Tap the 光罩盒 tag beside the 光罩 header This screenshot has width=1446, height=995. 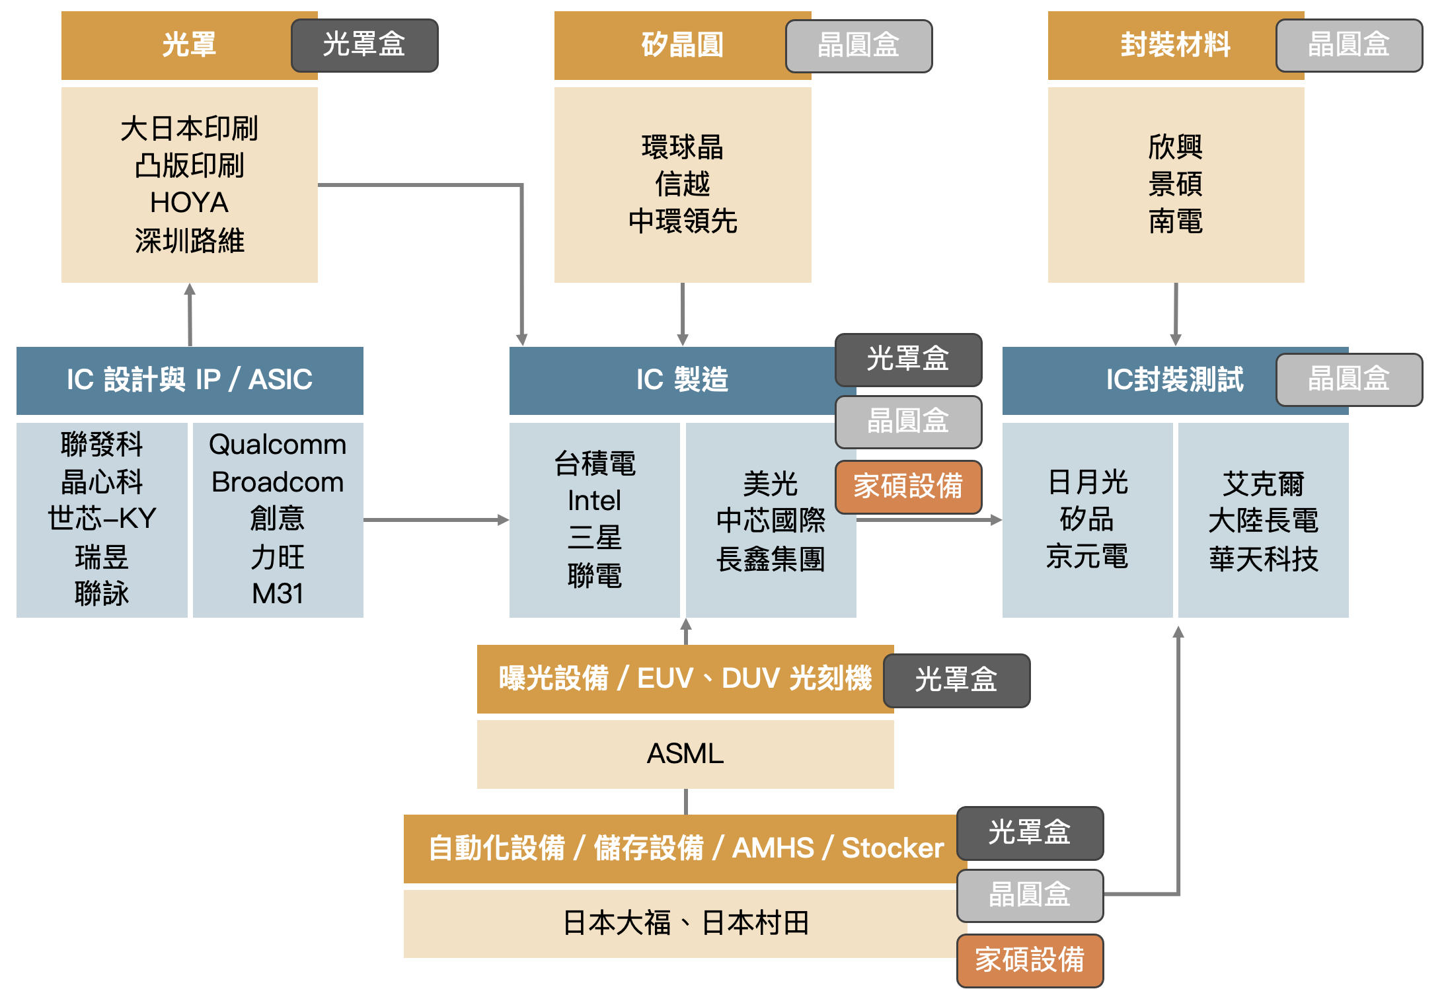(x=364, y=45)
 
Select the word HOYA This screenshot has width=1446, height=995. (x=189, y=203)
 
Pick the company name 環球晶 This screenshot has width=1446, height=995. (x=682, y=147)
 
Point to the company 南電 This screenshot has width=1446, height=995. (x=1175, y=221)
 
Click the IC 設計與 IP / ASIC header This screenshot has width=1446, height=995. (x=190, y=380)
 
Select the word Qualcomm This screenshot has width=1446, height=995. (x=278, y=445)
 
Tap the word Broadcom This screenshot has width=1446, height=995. (x=278, y=482)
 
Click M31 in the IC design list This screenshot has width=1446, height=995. (x=278, y=593)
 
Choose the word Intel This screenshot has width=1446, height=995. (x=594, y=501)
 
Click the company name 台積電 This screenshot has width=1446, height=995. (x=594, y=464)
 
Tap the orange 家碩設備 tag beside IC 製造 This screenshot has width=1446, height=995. (x=908, y=486)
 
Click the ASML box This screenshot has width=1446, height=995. (x=685, y=754)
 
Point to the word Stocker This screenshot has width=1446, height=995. (x=893, y=848)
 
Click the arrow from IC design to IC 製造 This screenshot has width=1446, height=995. (x=436, y=520)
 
